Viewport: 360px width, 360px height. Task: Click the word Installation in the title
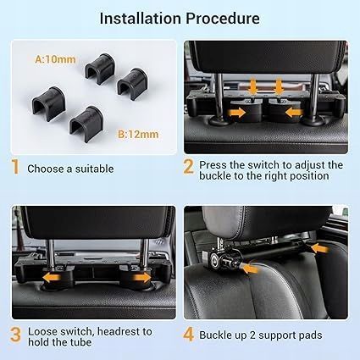point(141,19)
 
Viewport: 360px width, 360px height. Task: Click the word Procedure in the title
point(223,19)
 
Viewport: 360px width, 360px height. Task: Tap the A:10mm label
point(55,59)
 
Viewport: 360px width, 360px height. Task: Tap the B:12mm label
point(138,134)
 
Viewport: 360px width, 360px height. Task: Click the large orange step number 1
point(15,167)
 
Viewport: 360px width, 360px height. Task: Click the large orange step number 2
point(188,167)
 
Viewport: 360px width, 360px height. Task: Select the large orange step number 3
point(15,335)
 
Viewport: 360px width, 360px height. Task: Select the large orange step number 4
point(188,335)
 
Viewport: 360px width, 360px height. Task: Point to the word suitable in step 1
point(94,169)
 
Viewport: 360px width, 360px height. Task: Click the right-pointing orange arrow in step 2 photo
point(237,113)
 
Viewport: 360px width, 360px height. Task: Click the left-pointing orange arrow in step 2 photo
point(294,113)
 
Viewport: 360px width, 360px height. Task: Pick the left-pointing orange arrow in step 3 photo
point(52,278)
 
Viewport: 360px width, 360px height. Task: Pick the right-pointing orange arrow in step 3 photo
point(142,278)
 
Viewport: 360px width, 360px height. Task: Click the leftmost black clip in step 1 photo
point(49,103)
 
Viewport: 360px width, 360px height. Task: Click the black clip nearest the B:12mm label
point(86,124)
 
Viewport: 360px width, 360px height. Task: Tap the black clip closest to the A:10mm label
point(100,68)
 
